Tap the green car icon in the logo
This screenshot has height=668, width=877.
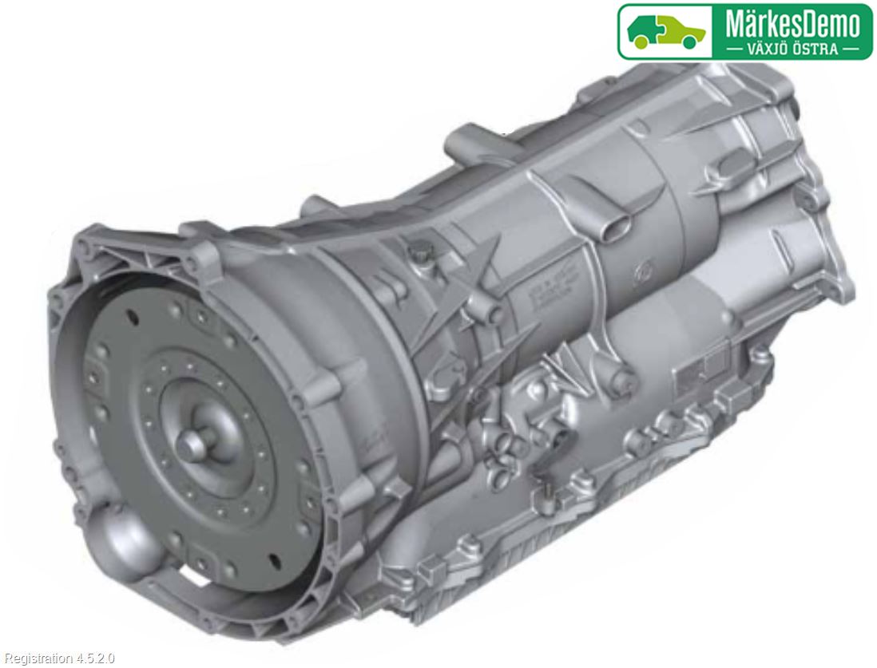665,31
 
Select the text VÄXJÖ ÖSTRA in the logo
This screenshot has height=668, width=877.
792,49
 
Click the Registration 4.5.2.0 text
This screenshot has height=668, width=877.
59,658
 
